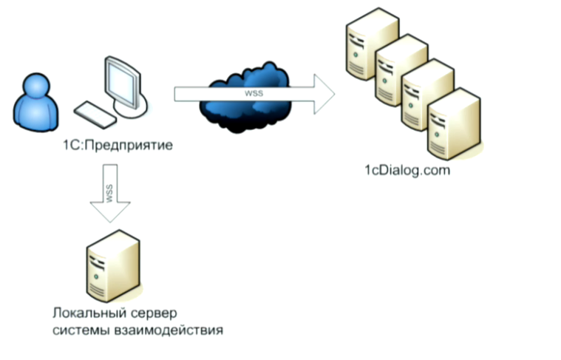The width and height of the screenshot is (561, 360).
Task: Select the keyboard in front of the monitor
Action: click(x=95, y=113)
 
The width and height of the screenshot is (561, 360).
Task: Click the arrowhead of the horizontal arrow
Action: click(x=323, y=93)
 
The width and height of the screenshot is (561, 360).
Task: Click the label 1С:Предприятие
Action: click(x=118, y=145)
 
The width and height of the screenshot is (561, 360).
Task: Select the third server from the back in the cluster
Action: click(x=424, y=96)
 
